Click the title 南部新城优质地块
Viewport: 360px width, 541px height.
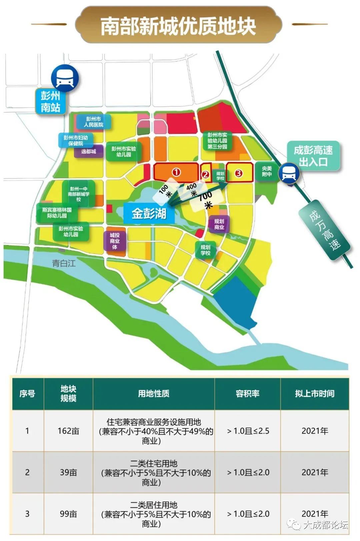pos(178,26)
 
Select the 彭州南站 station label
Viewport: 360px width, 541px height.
pos(51,102)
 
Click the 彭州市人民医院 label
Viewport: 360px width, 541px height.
pos(94,122)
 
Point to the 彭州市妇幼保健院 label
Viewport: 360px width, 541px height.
pos(76,140)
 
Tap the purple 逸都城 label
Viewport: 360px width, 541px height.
pos(88,151)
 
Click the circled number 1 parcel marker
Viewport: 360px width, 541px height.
pos(176,172)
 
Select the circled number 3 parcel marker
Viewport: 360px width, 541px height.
pos(238,173)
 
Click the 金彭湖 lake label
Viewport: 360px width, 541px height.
pos(149,213)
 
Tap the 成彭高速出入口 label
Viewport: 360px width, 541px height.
pos(313,156)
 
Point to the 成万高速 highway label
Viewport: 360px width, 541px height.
pos(325,230)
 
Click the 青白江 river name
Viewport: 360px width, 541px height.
pos(64,263)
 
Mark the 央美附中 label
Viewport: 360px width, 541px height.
pos(267,171)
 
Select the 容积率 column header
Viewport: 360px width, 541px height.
pos(247,394)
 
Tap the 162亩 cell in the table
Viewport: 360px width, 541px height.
pos(68,431)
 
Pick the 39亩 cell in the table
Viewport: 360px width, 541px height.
pos(68,472)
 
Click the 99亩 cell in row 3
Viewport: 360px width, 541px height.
pos(68,514)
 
